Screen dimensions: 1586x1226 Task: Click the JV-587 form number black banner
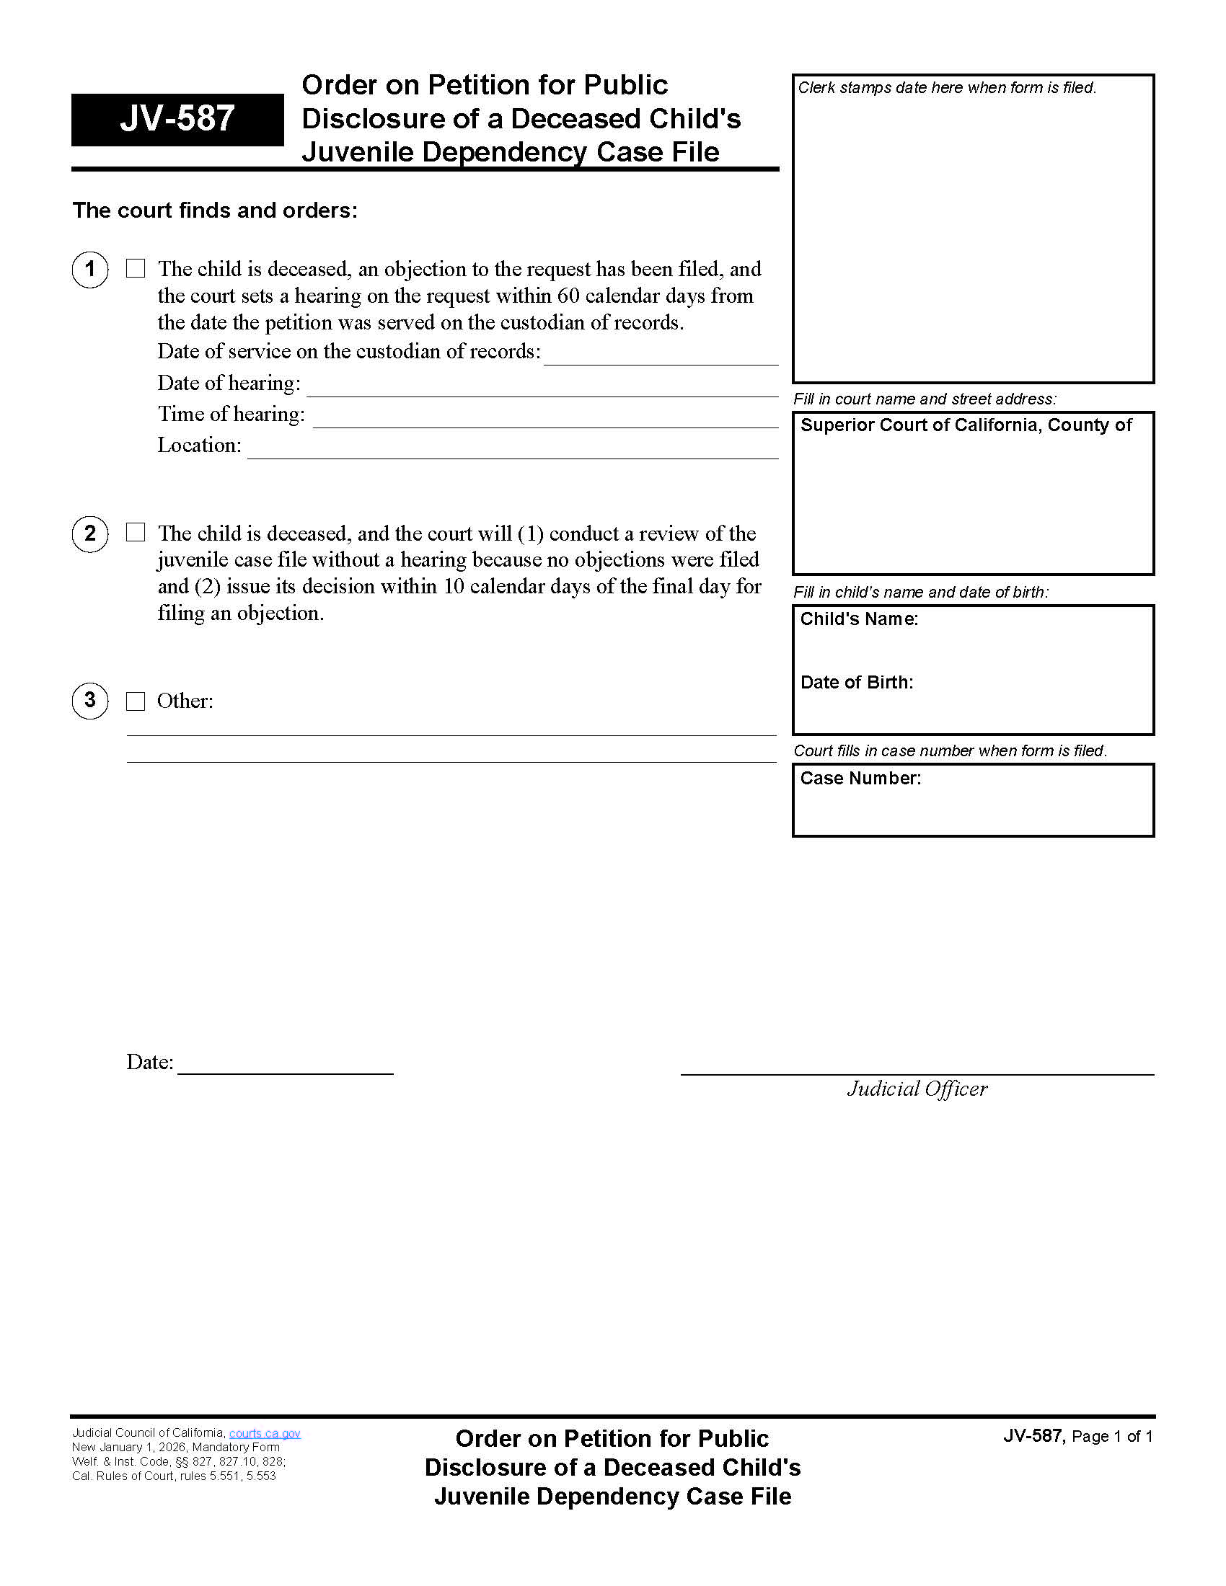coord(177,119)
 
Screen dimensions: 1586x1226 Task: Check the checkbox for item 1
coord(136,269)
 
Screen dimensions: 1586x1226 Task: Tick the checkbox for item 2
coord(136,532)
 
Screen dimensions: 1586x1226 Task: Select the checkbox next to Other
coord(136,701)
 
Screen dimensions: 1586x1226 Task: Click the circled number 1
coord(90,270)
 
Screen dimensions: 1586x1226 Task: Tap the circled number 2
coord(90,533)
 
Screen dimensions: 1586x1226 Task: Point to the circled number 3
coord(90,701)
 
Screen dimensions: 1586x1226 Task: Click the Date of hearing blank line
coord(542,388)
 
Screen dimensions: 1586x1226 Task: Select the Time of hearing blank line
coord(544,419)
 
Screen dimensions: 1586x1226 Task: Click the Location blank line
coord(512,451)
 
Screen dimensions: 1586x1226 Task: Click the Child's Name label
coord(859,619)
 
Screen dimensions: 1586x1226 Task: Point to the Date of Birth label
coord(856,683)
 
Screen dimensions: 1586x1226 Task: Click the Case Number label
coord(860,779)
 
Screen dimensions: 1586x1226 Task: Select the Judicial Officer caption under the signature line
coord(917,1089)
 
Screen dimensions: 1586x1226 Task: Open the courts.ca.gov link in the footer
coord(265,1433)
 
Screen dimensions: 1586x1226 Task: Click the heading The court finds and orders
coord(215,211)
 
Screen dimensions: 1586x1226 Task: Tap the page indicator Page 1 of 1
coord(1111,1436)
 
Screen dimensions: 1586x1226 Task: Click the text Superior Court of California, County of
coord(966,425)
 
